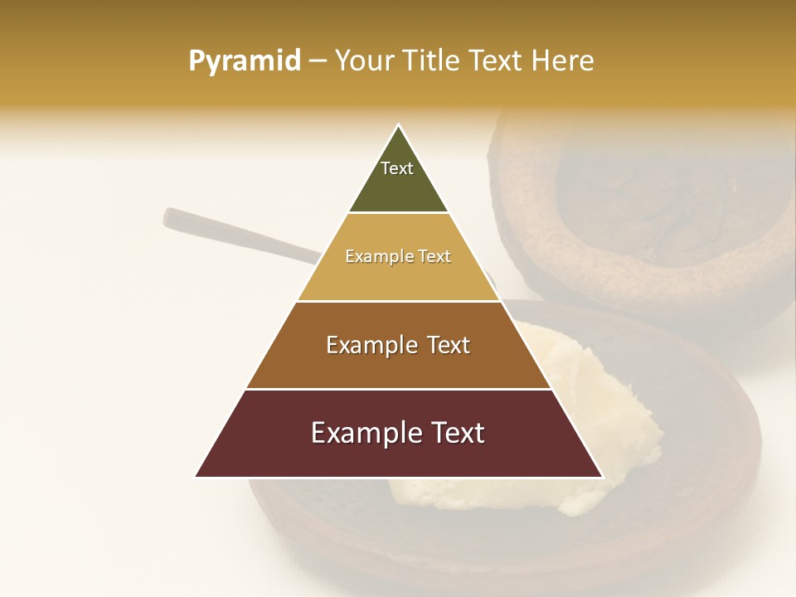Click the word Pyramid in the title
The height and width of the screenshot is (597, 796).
(244, 61)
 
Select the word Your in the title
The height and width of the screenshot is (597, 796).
(364, 61)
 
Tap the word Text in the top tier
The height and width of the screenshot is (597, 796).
(397, 168)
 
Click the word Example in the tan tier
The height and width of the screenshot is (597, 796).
(371, 257)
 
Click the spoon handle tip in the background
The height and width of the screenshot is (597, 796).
(169, 218)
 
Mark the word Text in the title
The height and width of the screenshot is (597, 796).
(498, 61)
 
